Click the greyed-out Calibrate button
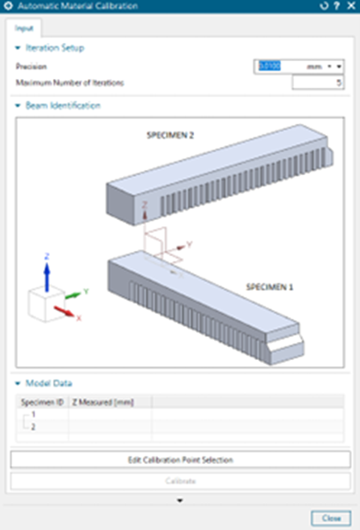180,481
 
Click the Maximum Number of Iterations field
318,82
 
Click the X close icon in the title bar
350,7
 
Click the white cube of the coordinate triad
43,302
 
